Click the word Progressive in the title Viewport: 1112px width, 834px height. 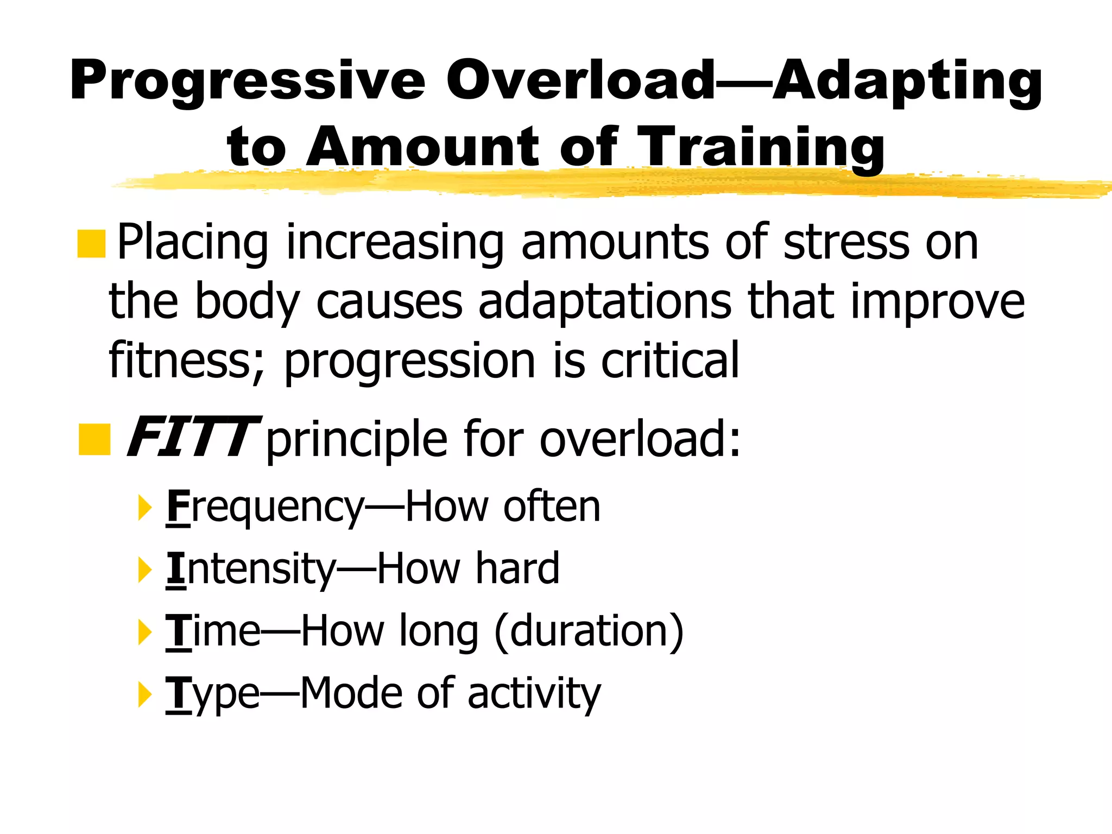pos(247,81)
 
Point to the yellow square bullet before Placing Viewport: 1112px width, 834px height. pos(91,244)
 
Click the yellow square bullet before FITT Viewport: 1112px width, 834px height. pos(94,440)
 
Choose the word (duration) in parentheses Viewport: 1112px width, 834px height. pos(589,631)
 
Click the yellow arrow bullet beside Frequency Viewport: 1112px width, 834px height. pos(144,508)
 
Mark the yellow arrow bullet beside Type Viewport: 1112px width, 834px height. pos(144,694)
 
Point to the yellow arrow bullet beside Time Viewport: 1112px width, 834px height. pos(144,632)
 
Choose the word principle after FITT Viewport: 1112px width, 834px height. pos(356,440)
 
